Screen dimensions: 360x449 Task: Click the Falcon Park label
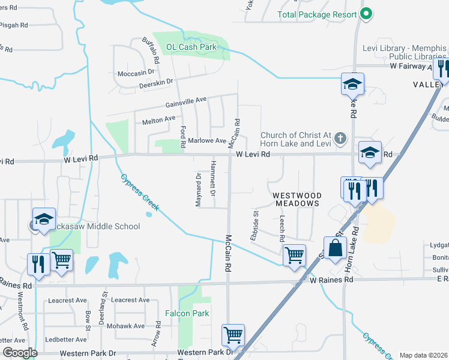[x=187, y=313]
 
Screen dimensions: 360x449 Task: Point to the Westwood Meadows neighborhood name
[x=297, y=200]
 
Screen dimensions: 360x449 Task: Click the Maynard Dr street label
[x=198, y=190]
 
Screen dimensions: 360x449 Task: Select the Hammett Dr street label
[x=212, y=178]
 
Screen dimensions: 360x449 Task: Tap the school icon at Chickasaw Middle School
[x=44, y=219]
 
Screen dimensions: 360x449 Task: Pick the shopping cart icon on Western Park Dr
[x=232, y=335]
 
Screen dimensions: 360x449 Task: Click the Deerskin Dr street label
[x=155, y=81]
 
